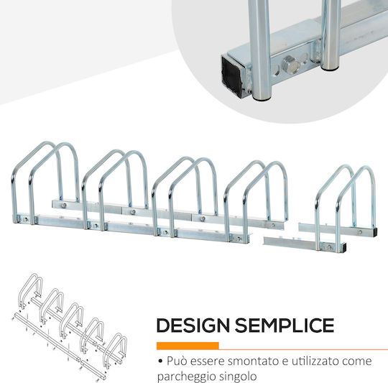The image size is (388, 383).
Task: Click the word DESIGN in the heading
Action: point(193,325)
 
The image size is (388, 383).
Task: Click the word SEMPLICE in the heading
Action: point(285,325)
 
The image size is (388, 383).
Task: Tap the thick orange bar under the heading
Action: point(188,346)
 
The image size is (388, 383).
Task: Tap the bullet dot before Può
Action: point(160,361)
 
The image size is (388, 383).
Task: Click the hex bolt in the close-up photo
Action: point(291,64)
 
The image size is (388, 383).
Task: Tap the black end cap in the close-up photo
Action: point(232,74)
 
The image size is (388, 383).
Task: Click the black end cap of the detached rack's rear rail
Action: point(375,233)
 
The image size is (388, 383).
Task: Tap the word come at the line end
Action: point(357,361)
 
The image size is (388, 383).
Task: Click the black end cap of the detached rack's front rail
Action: point(345,247)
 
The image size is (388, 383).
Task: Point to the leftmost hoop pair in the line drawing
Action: point(30,291)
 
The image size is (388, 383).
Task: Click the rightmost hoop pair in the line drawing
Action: point(115,351)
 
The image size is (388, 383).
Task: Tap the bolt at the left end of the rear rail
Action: point(65,205)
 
